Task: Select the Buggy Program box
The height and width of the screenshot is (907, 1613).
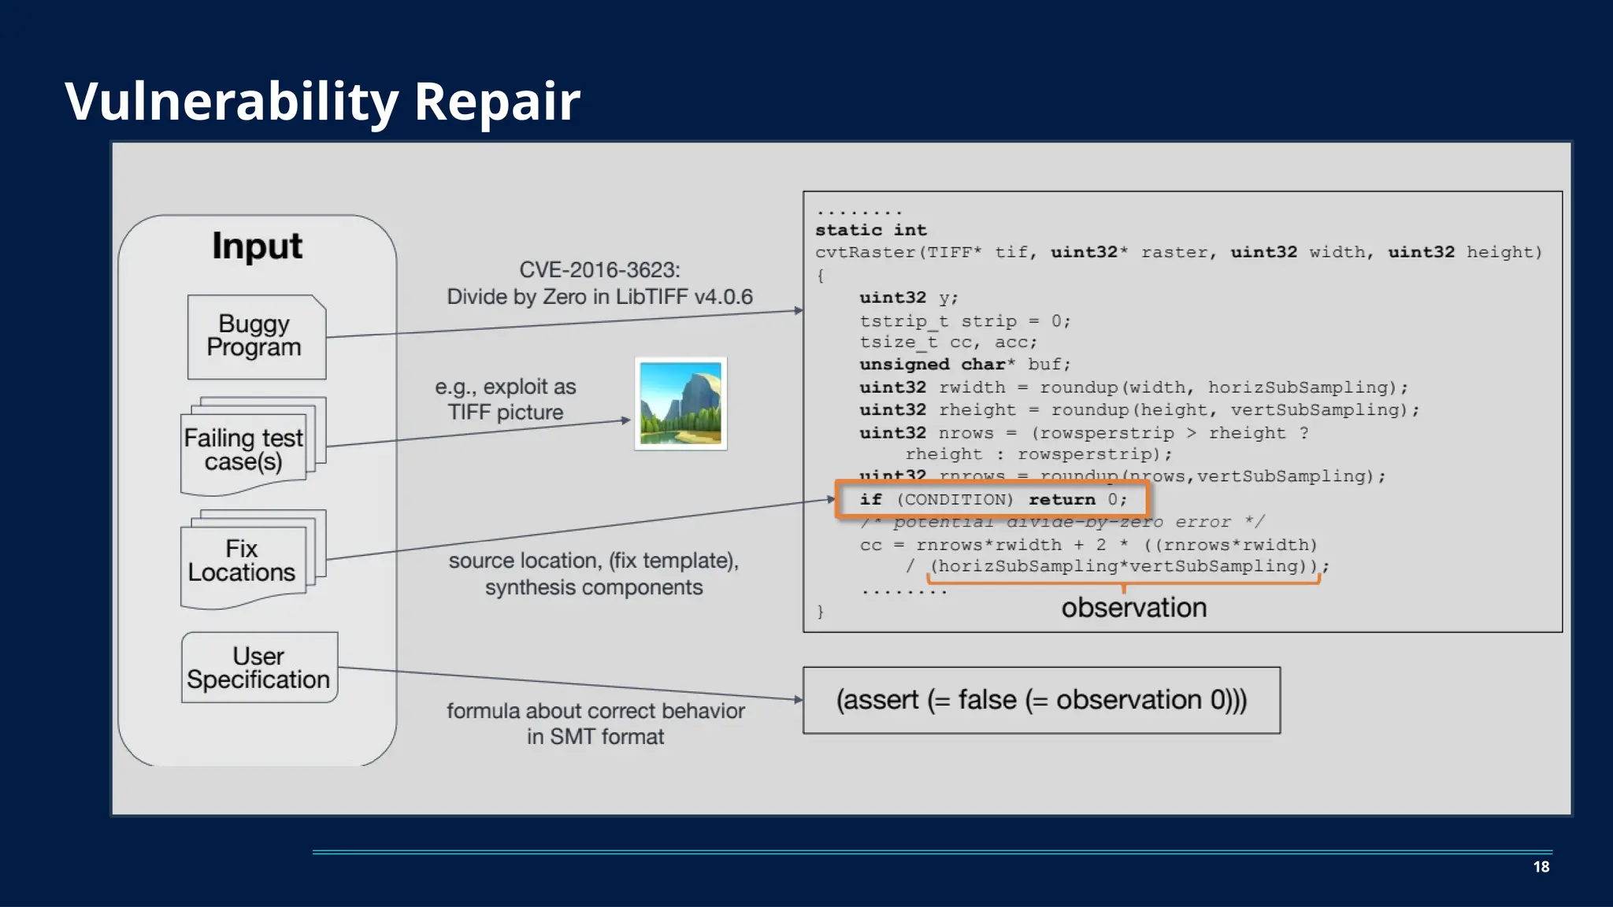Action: (256, 336)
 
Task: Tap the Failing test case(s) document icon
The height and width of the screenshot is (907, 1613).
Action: (244, 450)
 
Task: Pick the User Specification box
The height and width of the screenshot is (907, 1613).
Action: (259, 668)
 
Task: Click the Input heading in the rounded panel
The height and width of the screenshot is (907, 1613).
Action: (257, 246)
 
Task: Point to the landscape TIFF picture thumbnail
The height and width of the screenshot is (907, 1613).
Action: (680, 403)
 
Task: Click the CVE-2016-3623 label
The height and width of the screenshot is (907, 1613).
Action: (599, 270)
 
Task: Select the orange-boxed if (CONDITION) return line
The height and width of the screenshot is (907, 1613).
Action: (992, 499)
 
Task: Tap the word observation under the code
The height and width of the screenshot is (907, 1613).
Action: (1133, 608)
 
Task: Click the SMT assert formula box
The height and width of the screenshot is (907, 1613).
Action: (1041, 700)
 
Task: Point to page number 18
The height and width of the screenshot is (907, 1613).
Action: (1541, 867)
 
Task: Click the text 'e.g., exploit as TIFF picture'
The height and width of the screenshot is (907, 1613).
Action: (506, 399)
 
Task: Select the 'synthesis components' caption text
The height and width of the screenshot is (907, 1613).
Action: (594, 587)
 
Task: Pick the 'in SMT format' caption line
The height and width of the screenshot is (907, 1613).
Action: (595, 737)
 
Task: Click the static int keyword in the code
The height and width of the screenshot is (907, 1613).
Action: (871, 230)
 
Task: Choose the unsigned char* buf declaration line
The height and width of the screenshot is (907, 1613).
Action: (965, 365)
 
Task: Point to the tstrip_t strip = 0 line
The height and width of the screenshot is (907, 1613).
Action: (965, 321)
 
